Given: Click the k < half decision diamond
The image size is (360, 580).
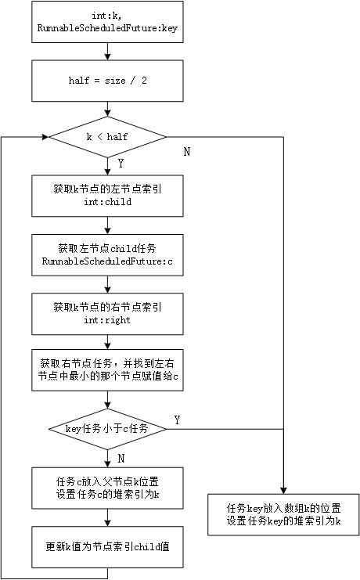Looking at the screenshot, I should [x=107, y=137].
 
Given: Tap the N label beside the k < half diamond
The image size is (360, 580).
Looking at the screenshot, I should [x=186, y=151].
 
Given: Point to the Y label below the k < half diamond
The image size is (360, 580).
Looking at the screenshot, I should [x=120, y=164].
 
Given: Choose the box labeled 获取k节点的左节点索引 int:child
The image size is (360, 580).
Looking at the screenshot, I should [x=107, y=195].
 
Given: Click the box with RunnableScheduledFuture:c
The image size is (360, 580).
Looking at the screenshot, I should [x=107, y=254].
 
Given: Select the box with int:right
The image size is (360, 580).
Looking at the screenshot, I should [x=107, y=312].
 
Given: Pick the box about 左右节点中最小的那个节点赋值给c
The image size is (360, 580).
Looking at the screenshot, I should [x=107, y=369].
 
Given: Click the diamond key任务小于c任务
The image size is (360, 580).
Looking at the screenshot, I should [x=107, y=428].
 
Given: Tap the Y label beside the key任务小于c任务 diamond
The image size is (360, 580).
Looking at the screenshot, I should [x=177, y=420].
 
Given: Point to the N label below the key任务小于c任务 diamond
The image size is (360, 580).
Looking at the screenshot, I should [x=120, y=456].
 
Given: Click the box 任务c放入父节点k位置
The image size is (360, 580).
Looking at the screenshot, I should [x=107, y=487].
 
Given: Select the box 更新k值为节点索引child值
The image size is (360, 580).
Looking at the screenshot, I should [x=107, y=546].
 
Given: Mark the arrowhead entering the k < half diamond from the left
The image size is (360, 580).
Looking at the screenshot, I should [x=44, y=137].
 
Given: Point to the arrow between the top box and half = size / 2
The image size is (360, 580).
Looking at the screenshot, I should [x=107, y=54].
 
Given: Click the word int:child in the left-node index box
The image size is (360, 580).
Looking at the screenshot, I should [x=108, y=201].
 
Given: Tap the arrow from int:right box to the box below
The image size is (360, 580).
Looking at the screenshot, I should [x=107, y=340].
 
